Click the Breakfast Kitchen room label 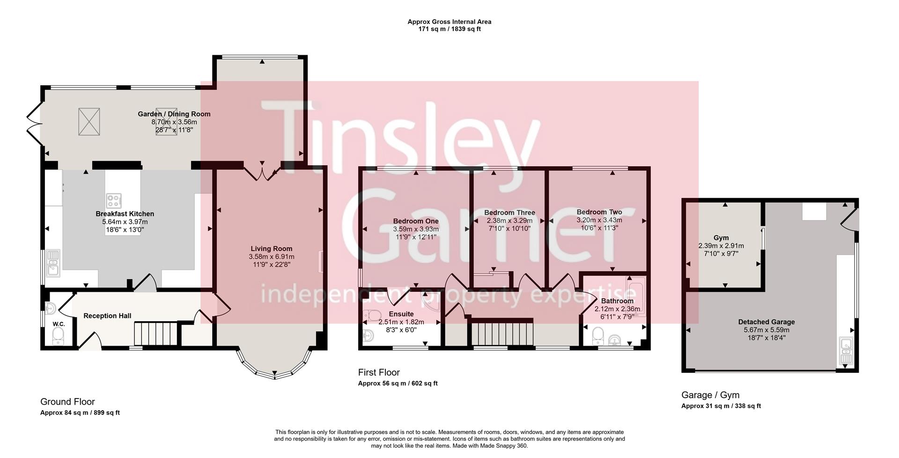[125, 214]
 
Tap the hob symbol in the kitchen [113, 201]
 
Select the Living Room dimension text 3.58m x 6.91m [271, 257]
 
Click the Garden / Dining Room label [174, 114]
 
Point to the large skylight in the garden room [89, 121]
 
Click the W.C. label [59, 324]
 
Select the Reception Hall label [107, 316]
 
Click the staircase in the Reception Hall [154, 334]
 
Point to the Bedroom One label [415, 221]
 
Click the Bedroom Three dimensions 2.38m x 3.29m [509, 220]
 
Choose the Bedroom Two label [599, 212]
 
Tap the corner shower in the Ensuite [430, 303]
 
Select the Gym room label [721, 238]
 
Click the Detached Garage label [766, 322]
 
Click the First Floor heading [378, 372]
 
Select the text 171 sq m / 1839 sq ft [449, 29]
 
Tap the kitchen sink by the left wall [53, 262]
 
